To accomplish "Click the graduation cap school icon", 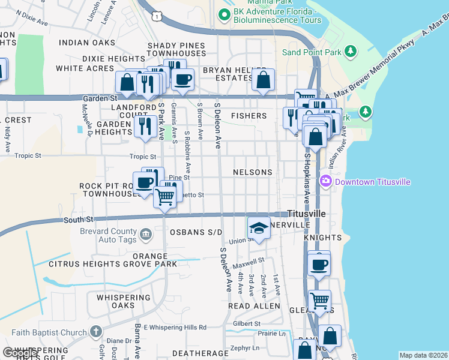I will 259,228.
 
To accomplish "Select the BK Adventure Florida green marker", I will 224,15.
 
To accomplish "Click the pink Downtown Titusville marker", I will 326,181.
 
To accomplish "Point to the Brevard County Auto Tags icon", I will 146,233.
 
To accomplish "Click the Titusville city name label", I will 306,214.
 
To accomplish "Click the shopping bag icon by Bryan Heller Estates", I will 264,79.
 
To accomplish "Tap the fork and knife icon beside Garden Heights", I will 145,126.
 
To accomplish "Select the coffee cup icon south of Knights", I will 319,263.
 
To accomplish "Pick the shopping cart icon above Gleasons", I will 320,300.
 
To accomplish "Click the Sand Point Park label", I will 311,52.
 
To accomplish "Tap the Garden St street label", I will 100,98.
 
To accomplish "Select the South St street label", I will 79,220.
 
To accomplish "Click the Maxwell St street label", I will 249,262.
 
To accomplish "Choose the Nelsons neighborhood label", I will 253,172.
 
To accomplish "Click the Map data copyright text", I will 423,355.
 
